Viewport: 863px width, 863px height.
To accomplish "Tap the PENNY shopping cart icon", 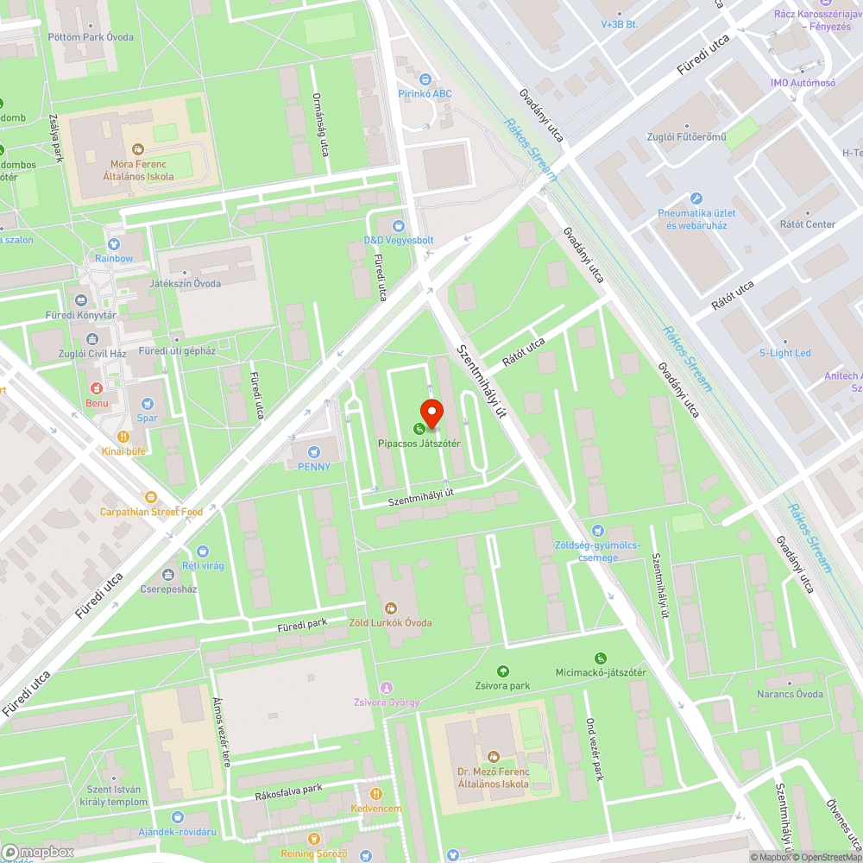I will coord(314,451).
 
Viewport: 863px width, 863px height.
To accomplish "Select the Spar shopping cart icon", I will coord(148,403).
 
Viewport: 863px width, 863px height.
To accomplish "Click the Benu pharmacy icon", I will coord(96,387).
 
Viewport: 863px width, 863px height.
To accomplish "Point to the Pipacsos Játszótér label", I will coord(419,444).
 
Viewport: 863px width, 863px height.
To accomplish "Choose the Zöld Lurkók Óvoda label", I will coord(390,622).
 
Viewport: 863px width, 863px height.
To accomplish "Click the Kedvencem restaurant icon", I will coord(375,794).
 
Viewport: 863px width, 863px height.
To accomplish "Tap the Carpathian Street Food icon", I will coord(151,497).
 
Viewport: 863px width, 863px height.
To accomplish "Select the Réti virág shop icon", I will coord(202,551).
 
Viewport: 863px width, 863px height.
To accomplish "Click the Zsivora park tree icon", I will coord(503,671).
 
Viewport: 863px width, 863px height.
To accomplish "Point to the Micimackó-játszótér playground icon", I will coord(601,658).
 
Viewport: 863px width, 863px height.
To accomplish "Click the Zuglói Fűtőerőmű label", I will coord(687,137).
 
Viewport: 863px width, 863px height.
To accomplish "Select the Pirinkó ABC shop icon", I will coord(425,79).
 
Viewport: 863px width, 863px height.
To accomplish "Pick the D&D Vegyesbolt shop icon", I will coord(398,225).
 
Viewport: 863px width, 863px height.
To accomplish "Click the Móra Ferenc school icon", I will coord(138,149).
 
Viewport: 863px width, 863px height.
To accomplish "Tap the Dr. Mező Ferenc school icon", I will coord(493,757).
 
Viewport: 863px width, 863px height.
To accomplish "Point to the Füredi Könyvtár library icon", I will coord(81,301).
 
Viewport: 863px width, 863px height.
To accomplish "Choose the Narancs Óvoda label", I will coord(790,694).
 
